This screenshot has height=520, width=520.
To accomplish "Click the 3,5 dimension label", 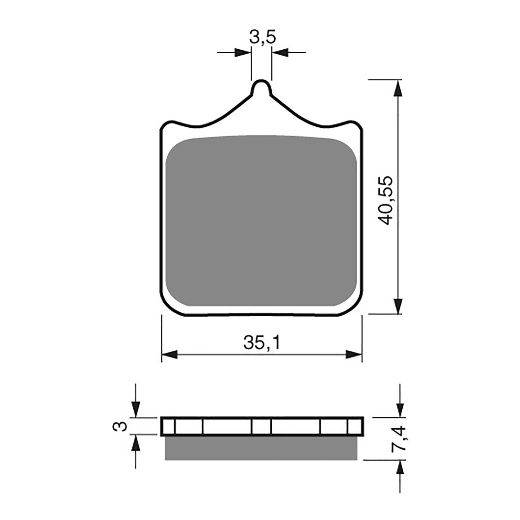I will [262, 37].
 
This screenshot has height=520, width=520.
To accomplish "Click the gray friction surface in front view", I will [261, 221].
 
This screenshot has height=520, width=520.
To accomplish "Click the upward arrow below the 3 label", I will [136, 443].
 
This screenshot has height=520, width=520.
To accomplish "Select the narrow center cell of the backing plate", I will [262, 426].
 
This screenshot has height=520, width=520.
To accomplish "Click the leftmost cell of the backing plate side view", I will [168, 426].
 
